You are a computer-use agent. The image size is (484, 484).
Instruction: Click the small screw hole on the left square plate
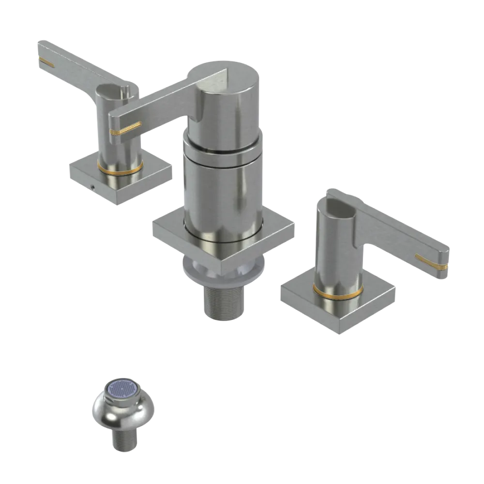pyautogui.click(x=91, y=185)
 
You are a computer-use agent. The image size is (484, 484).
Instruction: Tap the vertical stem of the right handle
pyautogui.click(x=334, y=252)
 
